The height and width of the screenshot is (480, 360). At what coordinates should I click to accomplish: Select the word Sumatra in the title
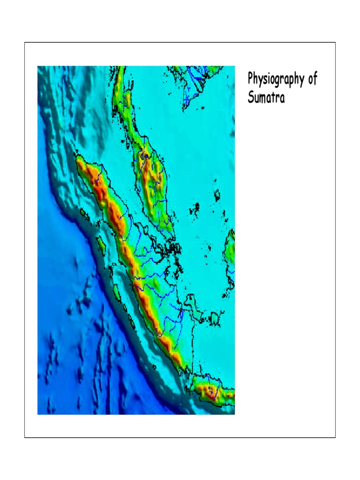(x=266, y=98)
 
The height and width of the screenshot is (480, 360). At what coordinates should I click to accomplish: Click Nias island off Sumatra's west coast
(x=100, y=243)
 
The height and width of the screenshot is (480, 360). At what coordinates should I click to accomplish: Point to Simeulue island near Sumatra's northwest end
(x=85, y=214)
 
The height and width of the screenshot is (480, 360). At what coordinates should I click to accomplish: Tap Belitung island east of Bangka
(x=215, y=319)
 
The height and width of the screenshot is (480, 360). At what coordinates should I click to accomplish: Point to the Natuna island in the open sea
(x=217, y=195)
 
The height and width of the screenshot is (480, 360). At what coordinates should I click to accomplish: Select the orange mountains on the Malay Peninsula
(x=152, y=178)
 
